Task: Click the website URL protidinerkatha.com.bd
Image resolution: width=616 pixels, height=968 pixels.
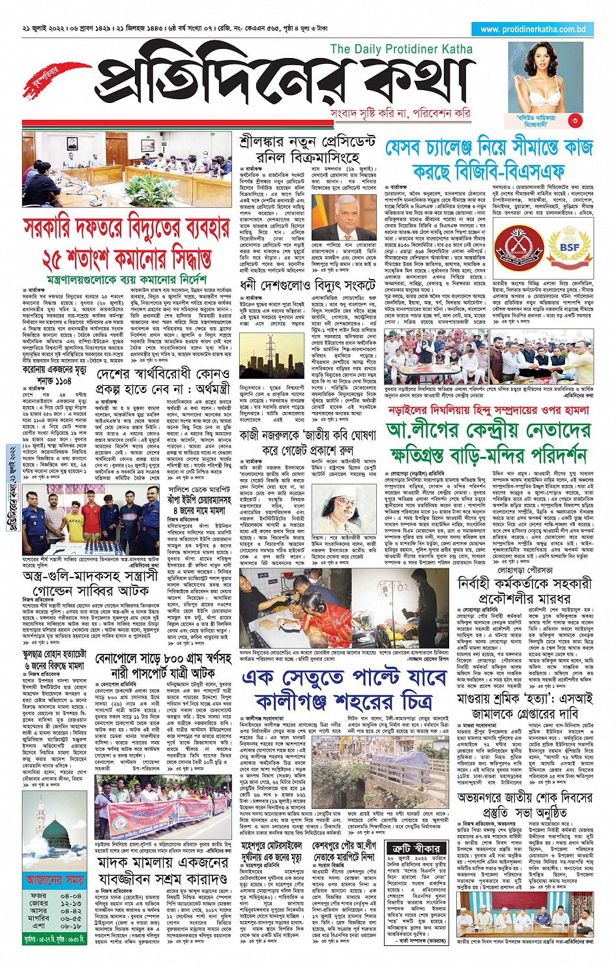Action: point(533,29)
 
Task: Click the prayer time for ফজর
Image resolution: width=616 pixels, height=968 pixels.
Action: point(70,896)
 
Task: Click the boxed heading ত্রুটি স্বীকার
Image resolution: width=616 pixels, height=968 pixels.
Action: point(417,849)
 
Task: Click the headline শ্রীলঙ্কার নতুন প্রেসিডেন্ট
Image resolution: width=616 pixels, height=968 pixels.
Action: point(308,142)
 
